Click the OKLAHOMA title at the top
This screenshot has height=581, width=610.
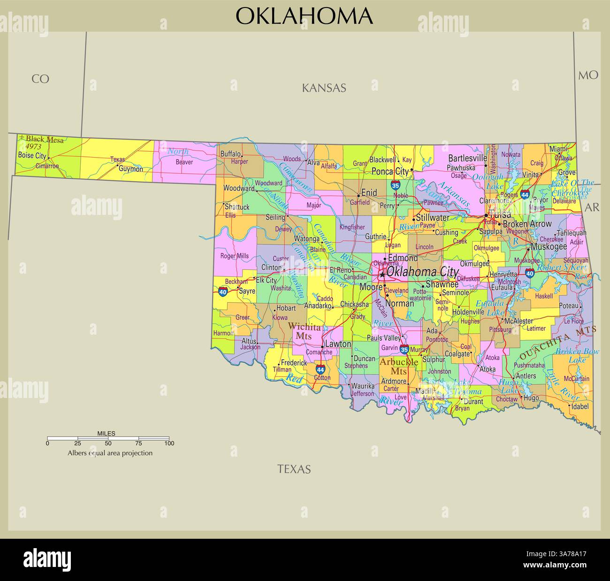click(304, 16)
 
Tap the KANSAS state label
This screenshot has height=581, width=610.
click(324, 88)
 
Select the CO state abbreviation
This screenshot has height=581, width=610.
click(40, 79)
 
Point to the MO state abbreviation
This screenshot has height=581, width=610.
click(588, 75)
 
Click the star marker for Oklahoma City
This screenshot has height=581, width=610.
click(382, 275)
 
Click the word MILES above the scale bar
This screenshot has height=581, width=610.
click(106, 433)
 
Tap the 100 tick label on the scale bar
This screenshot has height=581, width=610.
click(169, 443)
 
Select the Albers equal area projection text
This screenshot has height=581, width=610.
click(110, 453)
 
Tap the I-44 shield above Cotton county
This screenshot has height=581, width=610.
click(320, 369)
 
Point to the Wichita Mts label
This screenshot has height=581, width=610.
click(304, 331)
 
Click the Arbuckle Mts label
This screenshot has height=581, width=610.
click(398, 367)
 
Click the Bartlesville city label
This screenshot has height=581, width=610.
click(467, 158)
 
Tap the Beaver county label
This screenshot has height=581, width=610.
click(184, 162)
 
